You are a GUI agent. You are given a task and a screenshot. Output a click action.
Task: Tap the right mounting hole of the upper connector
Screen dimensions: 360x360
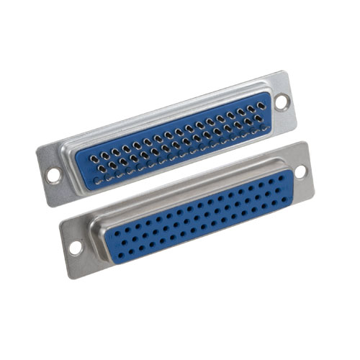pos(281,102)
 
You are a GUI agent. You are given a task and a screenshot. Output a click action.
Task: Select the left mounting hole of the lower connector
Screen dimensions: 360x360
pos(75,247)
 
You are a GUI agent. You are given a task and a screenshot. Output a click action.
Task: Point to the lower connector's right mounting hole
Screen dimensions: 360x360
pos(300,171)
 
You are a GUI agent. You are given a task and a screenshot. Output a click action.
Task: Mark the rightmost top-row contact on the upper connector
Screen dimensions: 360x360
pos(261,105)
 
